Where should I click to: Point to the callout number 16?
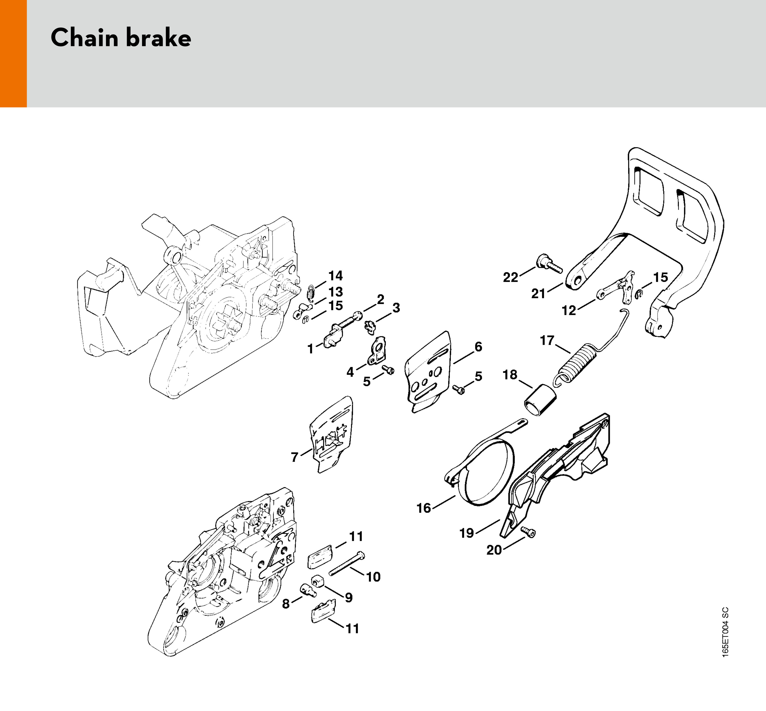(424, 508)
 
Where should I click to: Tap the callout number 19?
(467, 533)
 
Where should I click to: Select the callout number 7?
(295, 457)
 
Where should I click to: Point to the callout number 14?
(335, 275)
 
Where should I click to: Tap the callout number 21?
(538, 294)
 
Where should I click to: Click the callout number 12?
(569, 310)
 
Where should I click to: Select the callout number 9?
(348, 598)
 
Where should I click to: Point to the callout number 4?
(350, 372)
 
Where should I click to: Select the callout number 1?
(310, 349)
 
